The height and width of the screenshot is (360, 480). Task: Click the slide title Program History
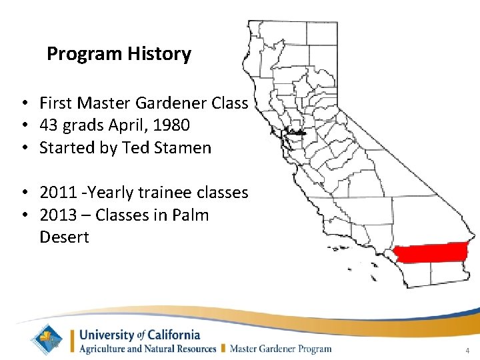(119, 54)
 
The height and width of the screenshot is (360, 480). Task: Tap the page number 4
(467, 351)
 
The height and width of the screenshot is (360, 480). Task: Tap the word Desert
(64, 237)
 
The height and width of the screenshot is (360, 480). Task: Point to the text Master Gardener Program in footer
(281, 349)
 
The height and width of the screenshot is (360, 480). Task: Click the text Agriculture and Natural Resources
(148, 349)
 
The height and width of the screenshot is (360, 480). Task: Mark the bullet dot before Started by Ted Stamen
(23, 148)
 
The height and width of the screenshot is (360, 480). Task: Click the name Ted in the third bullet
(135, 148)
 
